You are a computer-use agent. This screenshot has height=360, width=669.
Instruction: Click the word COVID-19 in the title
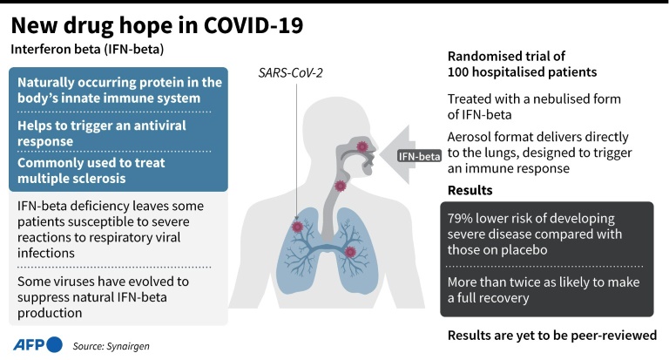pos(253,25)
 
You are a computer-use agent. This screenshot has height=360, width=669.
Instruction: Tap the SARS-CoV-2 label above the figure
pos(291,73)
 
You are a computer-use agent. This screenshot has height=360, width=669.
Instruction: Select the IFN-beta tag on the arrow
pos(419,156)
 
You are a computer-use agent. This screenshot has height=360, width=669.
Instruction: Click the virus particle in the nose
pos(362,146)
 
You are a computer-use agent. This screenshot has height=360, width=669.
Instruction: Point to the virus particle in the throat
pos(340,186)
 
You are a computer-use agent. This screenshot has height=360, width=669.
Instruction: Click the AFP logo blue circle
pos(54,344)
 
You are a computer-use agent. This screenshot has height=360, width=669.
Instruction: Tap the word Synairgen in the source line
pos(128,346)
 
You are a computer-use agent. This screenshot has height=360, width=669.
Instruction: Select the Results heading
pos(470,191)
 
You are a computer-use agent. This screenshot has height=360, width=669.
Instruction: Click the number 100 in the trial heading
pos(458,71)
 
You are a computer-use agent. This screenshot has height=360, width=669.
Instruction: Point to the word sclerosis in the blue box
pos(99,178)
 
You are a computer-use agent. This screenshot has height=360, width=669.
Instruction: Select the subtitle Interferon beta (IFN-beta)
pos(87,50)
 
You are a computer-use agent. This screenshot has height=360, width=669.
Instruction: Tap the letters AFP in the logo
pos(29,344)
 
